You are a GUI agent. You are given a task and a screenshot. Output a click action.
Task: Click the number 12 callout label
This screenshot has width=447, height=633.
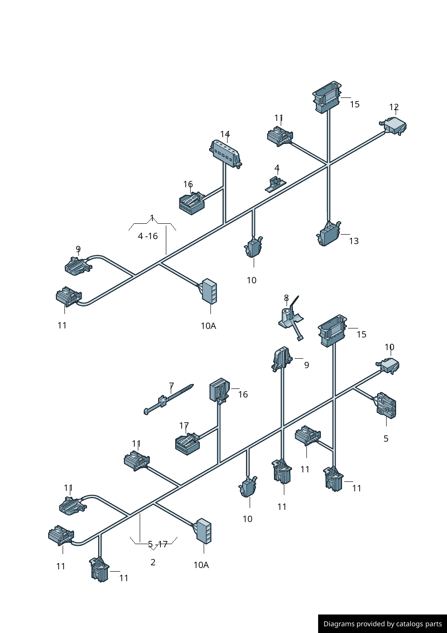394,107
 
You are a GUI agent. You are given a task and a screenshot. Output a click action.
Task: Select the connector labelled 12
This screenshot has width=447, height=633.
395,125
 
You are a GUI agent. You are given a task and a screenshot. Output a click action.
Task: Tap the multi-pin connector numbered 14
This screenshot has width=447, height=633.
226,153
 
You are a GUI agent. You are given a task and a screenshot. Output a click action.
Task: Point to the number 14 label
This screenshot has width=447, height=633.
225,134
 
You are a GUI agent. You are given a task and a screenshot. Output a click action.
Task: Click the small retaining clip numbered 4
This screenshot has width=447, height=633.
275,184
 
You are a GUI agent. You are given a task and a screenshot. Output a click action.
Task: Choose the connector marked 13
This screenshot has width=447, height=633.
329,234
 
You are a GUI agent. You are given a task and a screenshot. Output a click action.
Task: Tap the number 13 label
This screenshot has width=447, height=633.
354,241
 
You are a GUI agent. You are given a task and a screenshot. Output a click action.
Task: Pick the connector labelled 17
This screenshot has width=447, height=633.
187,444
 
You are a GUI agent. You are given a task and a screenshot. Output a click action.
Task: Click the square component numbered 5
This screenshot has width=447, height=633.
386,404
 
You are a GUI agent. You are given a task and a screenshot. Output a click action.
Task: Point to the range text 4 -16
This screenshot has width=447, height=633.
148,236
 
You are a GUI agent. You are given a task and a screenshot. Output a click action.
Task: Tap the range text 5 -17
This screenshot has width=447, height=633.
158,544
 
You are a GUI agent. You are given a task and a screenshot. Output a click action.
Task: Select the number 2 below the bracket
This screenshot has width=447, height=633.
153,562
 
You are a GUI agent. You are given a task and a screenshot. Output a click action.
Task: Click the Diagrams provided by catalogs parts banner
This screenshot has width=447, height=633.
382,624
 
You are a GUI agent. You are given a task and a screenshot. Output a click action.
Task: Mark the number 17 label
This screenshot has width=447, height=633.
184,425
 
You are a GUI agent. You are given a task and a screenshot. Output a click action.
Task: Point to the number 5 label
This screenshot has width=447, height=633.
386,439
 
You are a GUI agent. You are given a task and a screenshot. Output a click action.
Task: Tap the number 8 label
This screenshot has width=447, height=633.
286,298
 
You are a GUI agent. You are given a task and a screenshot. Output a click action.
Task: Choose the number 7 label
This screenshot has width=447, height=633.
171,386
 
